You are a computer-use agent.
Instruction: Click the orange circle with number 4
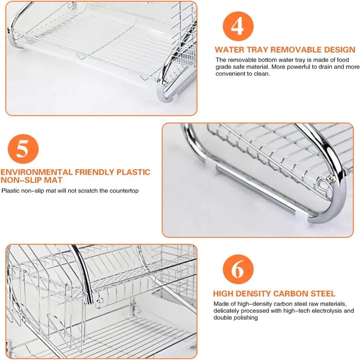[x=238, y=27]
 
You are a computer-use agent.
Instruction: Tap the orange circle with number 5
[x=23, y=149]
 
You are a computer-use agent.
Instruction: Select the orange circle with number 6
[x=238, y=269]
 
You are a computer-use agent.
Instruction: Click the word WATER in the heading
[x=230, y=49]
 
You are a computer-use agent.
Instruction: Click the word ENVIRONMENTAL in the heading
[x=36, y=172]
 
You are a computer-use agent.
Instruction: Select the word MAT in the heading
[x=53, y=180]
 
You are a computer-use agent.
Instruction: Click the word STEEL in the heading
[x=323, y=293]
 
